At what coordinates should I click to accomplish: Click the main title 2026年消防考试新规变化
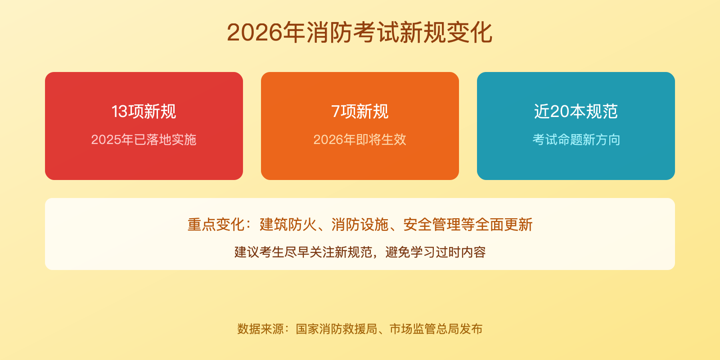click(360, 32)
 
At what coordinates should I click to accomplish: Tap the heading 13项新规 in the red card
click(144, 112)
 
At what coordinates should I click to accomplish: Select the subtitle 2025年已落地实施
click(144, 139)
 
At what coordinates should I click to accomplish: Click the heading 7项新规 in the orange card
click(360, 112)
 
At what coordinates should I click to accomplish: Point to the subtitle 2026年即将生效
click(360, 139)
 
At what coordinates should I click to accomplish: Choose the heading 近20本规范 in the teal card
click(576, 112)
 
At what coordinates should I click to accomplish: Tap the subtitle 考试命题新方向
click(576, 139)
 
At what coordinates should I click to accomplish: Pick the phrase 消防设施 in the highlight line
click(360, 225)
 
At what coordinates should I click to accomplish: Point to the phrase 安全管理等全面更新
click(468, 225)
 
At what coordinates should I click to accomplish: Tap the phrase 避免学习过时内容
click(436, 252)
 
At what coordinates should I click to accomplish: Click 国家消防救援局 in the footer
click(337, 329)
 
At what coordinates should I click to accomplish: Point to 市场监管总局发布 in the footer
click(436, 329)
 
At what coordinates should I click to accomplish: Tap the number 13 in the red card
click(119, 112)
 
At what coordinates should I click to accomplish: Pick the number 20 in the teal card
click(559, 112)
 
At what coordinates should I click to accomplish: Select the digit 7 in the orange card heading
click(335, 112)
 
